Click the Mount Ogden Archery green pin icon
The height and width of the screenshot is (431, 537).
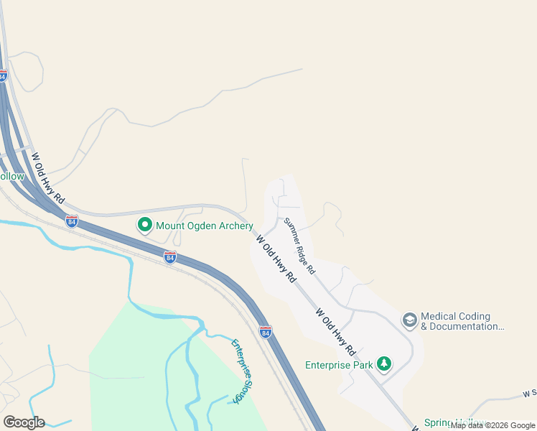(144, 226)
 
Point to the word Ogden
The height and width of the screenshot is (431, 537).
(195, 226)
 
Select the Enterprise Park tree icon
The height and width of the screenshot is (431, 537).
(385, 364)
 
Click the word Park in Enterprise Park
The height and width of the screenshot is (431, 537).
(363, 365)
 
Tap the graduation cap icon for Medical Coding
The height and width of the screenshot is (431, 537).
(410, 320)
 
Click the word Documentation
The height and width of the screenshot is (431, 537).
(467, 327)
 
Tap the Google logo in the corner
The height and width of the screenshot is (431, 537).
(24, 422)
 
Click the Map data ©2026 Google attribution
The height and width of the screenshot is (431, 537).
(492, 425)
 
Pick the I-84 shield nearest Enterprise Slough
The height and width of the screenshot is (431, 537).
(266, 331)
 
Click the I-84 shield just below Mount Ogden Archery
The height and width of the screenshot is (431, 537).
(169, 256)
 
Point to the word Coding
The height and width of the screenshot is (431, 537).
(475, 316)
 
